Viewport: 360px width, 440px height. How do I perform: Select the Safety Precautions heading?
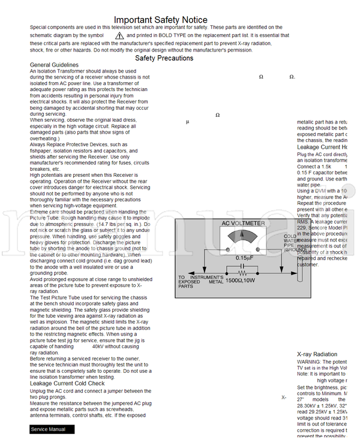164,58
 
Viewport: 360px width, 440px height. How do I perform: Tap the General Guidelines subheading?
54,65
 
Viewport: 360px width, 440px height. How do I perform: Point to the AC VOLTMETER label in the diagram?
242,224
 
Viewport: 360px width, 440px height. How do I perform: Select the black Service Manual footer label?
52,429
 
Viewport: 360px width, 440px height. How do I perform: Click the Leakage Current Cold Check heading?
67,383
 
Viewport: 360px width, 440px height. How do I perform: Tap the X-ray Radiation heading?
317,354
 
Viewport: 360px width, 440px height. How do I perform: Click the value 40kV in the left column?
98,346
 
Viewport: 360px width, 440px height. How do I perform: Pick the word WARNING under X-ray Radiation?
310,362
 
